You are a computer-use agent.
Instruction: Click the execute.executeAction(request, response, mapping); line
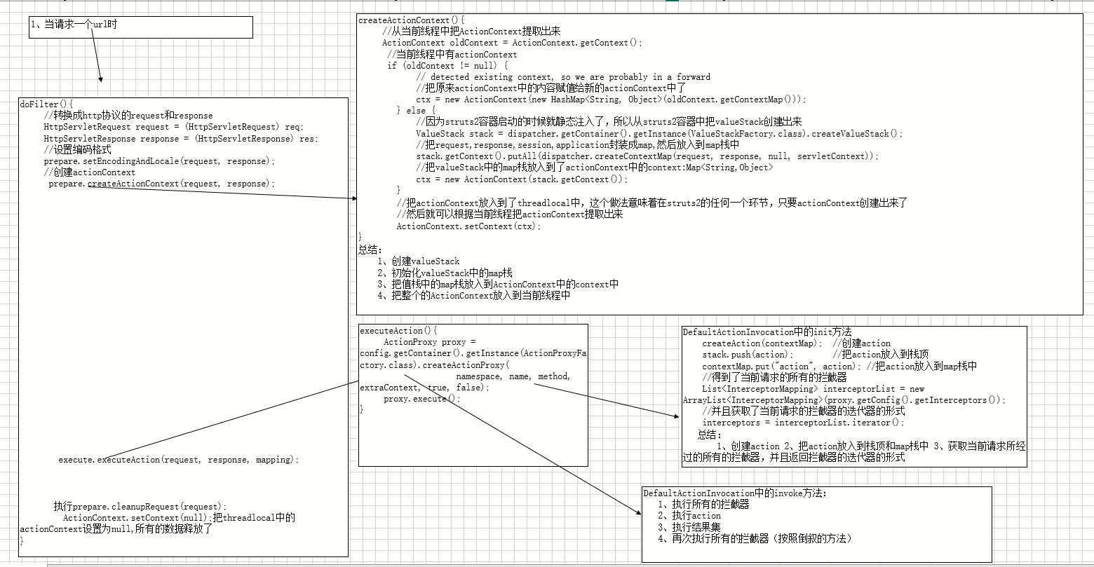(179, 460)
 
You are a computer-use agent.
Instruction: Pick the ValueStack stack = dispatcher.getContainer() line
(659, 133)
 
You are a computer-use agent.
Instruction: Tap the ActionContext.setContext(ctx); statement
(468, 226)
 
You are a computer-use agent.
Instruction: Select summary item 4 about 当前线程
(473, 295)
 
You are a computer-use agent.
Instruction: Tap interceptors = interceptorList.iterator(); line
(803, 422)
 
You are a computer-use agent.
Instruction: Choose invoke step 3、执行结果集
(689, 527)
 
